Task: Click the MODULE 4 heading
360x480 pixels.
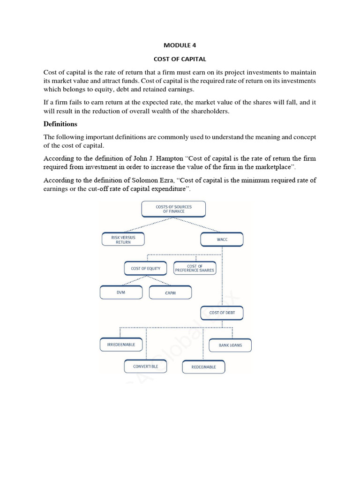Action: [180, 45]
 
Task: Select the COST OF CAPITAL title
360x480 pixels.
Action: [180, 60]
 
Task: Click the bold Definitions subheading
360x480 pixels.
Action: [60, 124]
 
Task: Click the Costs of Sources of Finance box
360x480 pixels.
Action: [173, 209]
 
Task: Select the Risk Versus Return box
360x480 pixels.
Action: [123, 240]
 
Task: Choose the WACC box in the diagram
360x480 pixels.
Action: [222, 240]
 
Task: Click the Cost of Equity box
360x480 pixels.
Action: [145, 269]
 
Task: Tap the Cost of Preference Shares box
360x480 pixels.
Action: [194, 268]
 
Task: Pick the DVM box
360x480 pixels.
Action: [121, 292]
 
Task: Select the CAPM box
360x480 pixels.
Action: [170, 293]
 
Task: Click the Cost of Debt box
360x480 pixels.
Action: [222, 313]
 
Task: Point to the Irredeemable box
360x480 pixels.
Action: [120, 345]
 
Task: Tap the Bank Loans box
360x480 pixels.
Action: [230, 345]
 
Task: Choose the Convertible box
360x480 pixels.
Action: [145, 366]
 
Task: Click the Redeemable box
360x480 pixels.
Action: [203, 367]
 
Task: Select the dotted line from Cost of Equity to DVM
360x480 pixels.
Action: [132, 281]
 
